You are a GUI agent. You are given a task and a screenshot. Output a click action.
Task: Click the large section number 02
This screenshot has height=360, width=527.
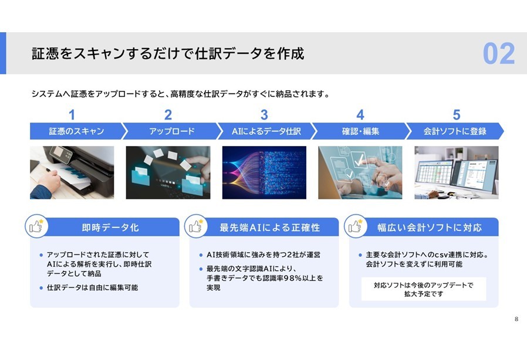click(x=499, y=53)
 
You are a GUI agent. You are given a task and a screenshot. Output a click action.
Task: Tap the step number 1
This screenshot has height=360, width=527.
click(x=72, y=115)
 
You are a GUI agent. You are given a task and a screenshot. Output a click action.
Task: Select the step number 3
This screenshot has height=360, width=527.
click(x=264, y=115)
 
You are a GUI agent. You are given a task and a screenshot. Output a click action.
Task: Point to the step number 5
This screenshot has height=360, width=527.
click(x=456, y=115)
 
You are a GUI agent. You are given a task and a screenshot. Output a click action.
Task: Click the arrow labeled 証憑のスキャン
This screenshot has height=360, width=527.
click(x=77, y=131)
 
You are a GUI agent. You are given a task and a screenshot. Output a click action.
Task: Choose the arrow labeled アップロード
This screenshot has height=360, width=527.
click(x=172, y=131)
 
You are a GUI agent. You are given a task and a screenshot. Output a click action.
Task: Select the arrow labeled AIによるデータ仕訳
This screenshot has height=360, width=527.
click(x=266, y=131)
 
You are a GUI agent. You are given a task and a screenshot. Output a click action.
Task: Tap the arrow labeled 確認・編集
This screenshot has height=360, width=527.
click(x=361, y=131)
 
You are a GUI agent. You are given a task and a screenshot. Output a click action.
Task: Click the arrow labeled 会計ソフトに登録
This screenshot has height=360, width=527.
click(x=455, y=131)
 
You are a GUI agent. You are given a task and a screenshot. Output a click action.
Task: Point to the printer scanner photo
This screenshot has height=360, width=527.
click(x=72, y=172)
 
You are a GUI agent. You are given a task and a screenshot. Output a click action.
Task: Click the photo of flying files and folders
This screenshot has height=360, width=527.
click(x=168, y=172)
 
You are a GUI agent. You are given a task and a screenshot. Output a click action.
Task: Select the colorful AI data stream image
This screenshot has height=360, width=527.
click(x=264, y=172)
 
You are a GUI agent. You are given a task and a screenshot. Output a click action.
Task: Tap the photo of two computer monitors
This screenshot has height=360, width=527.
click(x=457, y=172)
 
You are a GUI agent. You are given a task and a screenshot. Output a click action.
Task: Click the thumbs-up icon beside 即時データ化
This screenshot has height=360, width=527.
click(x=36, y=226)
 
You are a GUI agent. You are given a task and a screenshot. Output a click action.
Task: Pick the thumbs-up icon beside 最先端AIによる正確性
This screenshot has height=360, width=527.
click(x=195, y=226)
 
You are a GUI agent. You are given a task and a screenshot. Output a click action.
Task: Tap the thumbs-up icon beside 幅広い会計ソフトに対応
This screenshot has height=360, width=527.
click(x=355, y=226)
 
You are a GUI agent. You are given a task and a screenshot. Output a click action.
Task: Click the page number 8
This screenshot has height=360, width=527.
click(x=516, y=319)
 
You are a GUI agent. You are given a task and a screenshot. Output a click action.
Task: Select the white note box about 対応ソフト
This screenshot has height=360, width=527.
click(x=424, y=289)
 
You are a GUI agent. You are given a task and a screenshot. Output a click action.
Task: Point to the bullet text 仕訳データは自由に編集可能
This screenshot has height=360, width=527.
click(x=92, y=288)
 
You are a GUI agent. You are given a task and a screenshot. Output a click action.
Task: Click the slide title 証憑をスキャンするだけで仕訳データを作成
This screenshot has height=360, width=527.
click(x=168, y=54)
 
